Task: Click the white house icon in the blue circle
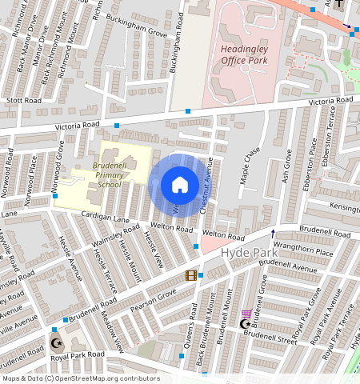pos(180,185)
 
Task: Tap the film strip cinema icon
pos(190,275)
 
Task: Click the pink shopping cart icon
pos(246,314)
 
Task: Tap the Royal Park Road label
pos(78,354)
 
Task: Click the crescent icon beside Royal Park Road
pos(55,343)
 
